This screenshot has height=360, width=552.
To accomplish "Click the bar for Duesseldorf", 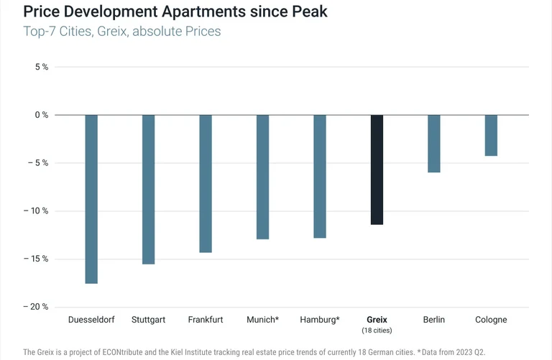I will point(91,199).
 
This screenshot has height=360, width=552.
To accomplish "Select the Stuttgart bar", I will point(148,189).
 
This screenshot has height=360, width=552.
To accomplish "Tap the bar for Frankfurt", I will point(206,183).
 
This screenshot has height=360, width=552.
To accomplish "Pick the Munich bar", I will point(262,177).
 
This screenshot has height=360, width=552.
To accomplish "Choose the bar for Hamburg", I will point(320,176).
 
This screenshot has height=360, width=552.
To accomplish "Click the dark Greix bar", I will point(377,170).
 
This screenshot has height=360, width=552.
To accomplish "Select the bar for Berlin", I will point(434,144).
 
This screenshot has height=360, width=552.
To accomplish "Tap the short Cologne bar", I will point(491,135).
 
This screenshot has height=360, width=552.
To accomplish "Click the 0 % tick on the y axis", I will point(40,115).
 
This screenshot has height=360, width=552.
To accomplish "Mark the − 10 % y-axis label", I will point(36,211).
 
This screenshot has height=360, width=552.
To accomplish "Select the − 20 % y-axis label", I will point(36,307).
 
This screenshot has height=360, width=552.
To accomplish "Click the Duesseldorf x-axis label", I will point(92,320).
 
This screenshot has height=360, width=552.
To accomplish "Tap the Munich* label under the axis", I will point(262,320).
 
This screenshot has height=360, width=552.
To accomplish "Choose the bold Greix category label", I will point(377,320).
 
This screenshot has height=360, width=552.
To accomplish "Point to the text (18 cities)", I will point(377,331).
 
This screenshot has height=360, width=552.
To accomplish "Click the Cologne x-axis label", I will point(491,320).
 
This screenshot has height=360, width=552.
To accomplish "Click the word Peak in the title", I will point(308,12).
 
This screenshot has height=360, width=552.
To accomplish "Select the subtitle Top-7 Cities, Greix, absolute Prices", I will point(122,32).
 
